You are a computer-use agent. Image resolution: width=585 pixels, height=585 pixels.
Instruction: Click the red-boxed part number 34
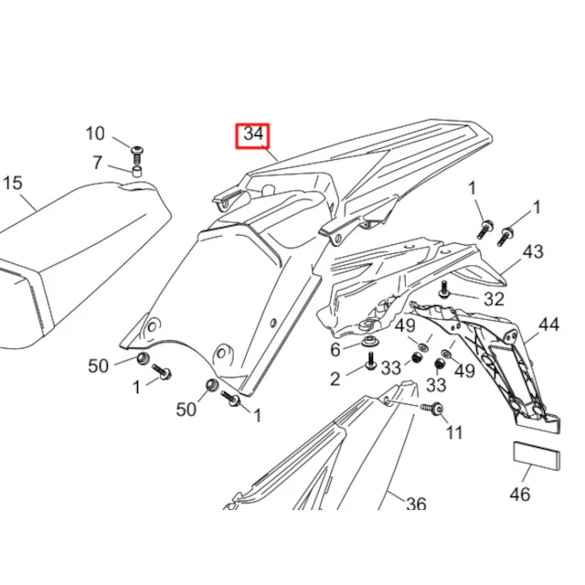(x=253, y=134)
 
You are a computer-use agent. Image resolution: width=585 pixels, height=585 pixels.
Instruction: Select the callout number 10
(x=95, y=133)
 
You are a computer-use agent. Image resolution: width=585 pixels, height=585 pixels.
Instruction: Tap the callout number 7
(x=98, y=163)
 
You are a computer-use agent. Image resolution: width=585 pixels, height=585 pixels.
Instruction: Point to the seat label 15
(x=13, y=183)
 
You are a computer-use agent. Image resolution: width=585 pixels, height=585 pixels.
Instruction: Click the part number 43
(x=533, y=252)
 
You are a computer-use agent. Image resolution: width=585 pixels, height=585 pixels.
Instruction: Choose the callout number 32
(x=494, y=299)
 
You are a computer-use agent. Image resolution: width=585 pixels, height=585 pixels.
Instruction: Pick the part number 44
(x=548, y=324)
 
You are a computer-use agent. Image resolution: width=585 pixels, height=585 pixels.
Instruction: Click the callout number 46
(x=520, y=495)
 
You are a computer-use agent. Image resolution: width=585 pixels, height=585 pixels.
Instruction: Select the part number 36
(x=416, y=504)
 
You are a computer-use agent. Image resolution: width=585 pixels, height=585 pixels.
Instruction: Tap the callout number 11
(x=454, y=432)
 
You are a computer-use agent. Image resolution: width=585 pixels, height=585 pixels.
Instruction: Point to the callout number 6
(x=335, y=349)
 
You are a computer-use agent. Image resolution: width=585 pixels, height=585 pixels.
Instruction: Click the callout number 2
(x=335, y=379)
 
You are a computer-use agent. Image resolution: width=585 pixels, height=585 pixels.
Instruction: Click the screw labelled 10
(x=136, y=155)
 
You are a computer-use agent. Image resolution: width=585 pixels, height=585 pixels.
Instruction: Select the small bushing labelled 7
(x=138, y=173)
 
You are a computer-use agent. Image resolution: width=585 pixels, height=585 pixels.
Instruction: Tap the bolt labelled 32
(x=444, y=290)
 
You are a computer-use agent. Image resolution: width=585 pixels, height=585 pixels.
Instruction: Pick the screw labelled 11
(x=432, y=408)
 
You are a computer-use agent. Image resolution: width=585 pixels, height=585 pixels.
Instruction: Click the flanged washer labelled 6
(x=369, y=341)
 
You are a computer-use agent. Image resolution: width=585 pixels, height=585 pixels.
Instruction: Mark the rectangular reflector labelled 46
(x=537, y=455)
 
